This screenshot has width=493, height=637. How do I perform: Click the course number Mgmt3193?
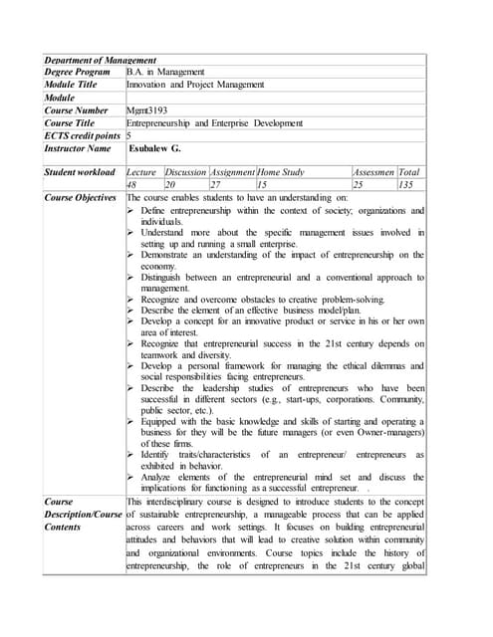[x=147, y=110]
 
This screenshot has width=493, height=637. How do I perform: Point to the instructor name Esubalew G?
[x=154, y=148]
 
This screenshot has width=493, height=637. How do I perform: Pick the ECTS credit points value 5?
[x=129, y=135]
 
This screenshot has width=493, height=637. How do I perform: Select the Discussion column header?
[x=185, y=172]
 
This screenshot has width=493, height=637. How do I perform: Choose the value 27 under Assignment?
[x=215, y=185]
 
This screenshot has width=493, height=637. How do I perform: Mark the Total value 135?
[x=405, y=185]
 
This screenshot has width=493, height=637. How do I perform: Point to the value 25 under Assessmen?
[x=360, y=185]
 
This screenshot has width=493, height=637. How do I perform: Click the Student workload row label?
[x=81, y=172]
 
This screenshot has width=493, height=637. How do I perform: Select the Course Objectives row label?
[x=81, y=198]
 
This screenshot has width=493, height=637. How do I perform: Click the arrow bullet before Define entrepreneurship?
[x=132, y=212]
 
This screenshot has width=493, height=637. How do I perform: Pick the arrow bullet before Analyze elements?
[x=132, y=478]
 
